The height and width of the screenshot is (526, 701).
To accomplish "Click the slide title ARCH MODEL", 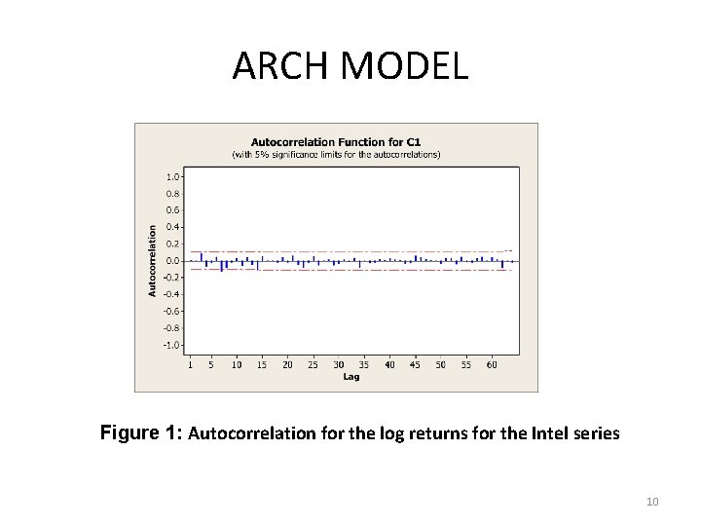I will pos(350,66).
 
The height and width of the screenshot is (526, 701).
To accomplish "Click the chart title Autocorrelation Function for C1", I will pos(335,141).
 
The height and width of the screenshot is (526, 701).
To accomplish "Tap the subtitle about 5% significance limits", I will pos(335,154).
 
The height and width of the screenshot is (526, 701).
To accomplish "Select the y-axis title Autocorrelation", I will pos(151,260).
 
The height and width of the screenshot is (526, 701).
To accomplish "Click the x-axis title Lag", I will pos(350,377).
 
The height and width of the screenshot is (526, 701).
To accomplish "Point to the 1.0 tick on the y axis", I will pos(171,177).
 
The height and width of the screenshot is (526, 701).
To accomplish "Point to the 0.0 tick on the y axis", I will pos(171,261).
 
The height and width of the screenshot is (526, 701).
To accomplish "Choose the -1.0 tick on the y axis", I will pos(170,345).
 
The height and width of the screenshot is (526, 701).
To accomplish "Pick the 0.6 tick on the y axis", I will pos(171,210).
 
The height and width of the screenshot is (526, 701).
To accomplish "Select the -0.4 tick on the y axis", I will pos(170,294).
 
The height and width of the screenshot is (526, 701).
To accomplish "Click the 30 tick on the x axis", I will pos(339,365).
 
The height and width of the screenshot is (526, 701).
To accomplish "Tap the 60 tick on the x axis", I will pos(492,365).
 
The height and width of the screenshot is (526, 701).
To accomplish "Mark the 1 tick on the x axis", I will pos(190,365).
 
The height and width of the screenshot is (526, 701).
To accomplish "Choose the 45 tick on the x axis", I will pos(416,365).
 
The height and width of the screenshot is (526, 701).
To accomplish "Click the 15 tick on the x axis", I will pos(262,365).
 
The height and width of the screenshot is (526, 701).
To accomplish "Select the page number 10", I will pos(652,502).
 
